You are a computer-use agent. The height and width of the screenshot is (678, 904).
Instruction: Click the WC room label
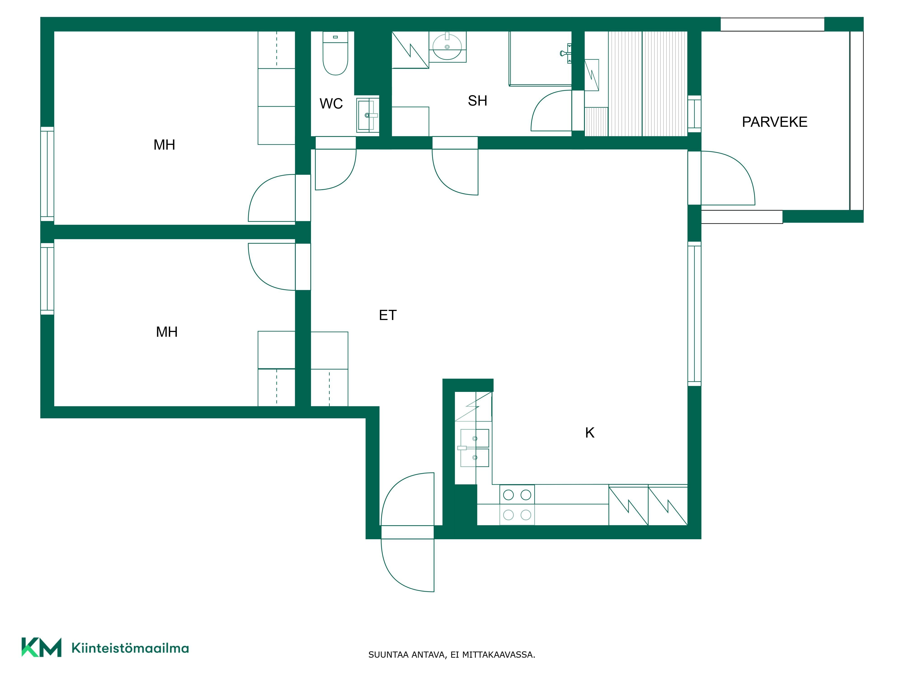coord(331,104)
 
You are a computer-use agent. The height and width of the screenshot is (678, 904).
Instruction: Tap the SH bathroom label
coord(477,101)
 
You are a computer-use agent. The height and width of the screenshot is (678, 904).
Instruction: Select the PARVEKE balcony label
coord(775,122)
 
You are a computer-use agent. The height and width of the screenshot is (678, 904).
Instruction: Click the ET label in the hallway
coord(387,315)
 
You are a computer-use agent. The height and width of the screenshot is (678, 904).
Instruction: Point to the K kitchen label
coord(590,432)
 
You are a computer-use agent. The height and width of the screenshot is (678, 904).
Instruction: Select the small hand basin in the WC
coord(367,115)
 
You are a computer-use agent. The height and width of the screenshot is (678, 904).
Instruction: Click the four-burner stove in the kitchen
coord(517,505)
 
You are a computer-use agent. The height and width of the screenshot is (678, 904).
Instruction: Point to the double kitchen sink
coord(474,448)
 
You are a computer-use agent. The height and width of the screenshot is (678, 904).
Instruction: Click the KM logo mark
coord(41,647)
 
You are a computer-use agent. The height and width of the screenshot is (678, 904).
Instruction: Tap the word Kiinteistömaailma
coord(130,648)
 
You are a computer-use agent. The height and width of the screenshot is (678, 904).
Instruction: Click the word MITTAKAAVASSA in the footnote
coord(498,655)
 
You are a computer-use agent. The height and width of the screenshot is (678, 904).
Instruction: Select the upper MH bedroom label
coord(164,145)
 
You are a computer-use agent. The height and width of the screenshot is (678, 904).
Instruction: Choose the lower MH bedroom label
coord(167,332)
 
